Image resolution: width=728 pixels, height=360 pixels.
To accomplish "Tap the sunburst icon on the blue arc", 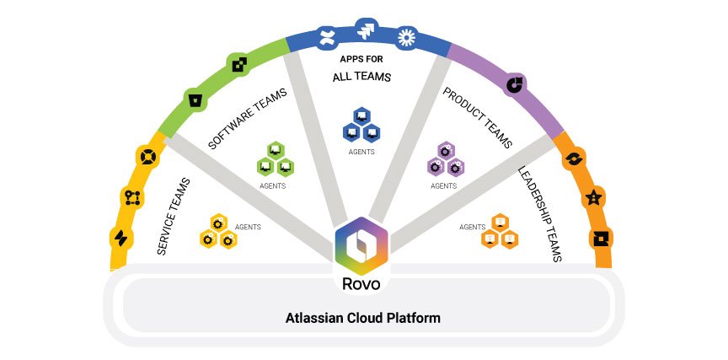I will [x=407, y=36].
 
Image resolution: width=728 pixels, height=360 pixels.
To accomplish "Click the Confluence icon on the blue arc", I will [x=325, y=36].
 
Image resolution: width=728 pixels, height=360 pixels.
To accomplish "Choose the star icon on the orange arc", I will [x=595, y=198].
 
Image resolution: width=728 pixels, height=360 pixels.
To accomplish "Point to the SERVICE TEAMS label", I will [x=173, y=216].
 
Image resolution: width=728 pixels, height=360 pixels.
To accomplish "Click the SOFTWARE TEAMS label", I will [x=247, y=117].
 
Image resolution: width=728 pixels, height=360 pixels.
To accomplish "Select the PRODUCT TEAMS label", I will [x=479, y=118].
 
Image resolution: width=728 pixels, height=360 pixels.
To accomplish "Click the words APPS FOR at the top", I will [x=363, y=61].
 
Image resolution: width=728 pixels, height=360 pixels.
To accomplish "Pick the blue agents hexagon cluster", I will [x=361, y=125].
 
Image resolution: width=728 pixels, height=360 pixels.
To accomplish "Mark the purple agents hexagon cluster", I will [x=445, y=159].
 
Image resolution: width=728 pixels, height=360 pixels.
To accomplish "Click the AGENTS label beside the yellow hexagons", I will [x=248, y=227].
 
